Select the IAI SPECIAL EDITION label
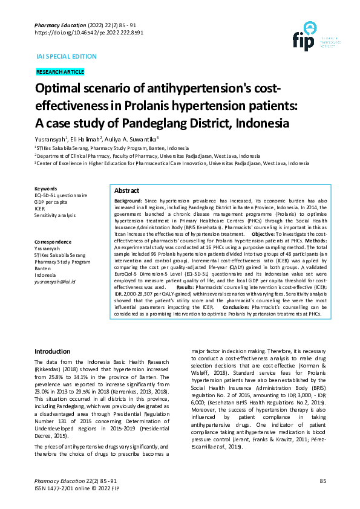click(x=67, y=56)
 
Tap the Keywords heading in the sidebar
click(x=46, y=189)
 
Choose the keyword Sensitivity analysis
click(x=55, y=215)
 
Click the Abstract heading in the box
click(x=126, y=190)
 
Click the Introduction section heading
click(x=52, y=351)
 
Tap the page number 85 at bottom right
click(x=322, y=481)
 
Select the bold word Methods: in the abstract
click(x=315, y=241)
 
